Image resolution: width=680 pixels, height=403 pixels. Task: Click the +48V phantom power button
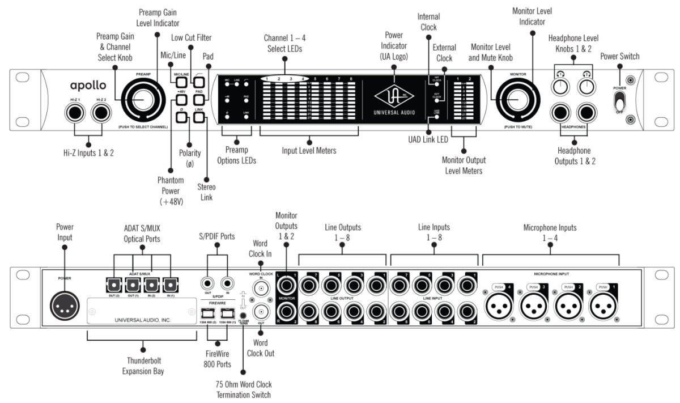point(181,103)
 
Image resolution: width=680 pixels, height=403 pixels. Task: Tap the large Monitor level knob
point(515,100)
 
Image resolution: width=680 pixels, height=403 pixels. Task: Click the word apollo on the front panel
point(88,86)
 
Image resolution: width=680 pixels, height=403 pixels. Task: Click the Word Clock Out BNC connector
point(261,312)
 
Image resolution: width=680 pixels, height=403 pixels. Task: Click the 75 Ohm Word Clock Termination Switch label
point(243,389)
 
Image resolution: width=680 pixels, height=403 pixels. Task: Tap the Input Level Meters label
point(309,151)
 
